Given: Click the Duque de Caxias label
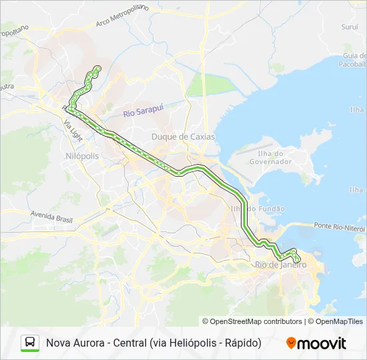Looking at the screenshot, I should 183,137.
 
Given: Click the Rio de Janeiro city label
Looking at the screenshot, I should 281,265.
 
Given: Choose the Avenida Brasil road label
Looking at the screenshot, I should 51,215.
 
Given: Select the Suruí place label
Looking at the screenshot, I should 349,28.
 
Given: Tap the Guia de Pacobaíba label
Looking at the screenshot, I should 354,60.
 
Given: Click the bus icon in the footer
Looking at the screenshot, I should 30,343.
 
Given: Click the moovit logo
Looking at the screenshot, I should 316,343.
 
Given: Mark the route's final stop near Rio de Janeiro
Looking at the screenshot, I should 298,259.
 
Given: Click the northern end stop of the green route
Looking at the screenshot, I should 98,68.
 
